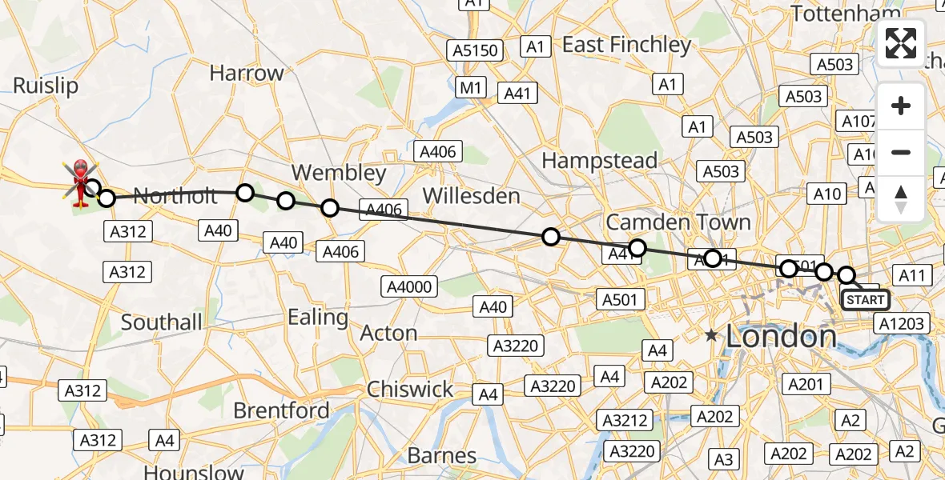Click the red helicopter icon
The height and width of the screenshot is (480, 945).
(81, 180)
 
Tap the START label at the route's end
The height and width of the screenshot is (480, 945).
(865, 300)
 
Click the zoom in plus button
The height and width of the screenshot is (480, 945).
(901, 106)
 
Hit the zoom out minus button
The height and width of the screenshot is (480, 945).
(901, 152)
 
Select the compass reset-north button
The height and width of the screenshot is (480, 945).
(901, 198)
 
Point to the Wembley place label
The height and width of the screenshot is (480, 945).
(339, 172)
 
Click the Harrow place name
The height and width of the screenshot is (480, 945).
(247, 73)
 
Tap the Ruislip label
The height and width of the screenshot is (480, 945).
(46, 86)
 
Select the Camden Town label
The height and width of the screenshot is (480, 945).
(678, 222)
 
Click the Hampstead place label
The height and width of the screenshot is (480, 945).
(599, 160)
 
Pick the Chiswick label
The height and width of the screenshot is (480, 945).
(410, 390)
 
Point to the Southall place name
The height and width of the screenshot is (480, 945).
(162, 322)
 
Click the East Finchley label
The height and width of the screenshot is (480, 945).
(626, 45)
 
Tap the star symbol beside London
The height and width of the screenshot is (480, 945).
(711, 336)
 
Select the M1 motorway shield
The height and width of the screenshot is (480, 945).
(470, 87)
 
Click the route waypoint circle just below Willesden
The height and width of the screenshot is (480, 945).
(551, 236)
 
